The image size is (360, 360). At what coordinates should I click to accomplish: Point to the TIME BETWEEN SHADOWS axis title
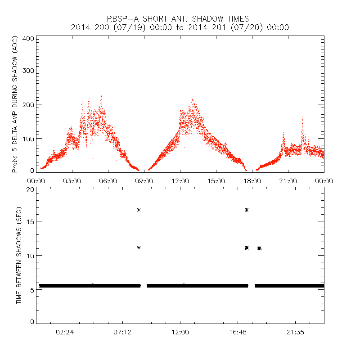click(19, 255)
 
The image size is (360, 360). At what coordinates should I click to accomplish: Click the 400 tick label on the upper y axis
click(27, 38)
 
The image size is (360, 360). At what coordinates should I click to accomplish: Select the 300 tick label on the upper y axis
click(27, 70)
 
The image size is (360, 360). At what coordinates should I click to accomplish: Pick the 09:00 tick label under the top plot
click(144, 180)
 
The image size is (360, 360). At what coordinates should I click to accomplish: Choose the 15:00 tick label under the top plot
click(216, 180)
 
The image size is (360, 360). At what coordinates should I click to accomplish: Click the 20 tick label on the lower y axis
click(29, 189)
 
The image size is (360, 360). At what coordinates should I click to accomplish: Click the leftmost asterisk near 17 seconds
click(139, 210)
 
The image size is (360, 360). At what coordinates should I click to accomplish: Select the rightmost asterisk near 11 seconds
click(260, 248)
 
